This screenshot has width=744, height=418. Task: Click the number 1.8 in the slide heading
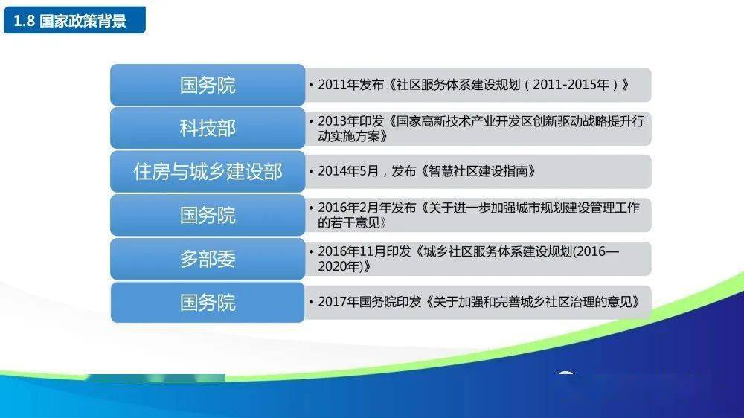click(x=24, y=21)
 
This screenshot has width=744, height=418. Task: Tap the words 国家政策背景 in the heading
click(x=83, y=21)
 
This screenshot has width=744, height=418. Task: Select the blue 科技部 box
click(x=208, y=128)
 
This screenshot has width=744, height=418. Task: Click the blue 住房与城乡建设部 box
click(x=208, y=172)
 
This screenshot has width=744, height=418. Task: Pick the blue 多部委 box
click(x=208, y=259)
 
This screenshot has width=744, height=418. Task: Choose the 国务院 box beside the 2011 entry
click(x=208, y=85)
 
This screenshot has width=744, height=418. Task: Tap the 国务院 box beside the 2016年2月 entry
click(x=208, y=216)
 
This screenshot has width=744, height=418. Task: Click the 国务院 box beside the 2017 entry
click(x=208, y=303)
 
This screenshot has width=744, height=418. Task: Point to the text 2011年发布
click(x=350, y=85)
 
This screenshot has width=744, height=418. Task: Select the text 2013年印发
click(x=350, y=121)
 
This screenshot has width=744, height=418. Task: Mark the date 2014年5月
click(x=348, y=171)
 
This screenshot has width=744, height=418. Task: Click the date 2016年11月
click(x=352, y=251)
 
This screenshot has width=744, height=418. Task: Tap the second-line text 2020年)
click(x=340, y=266)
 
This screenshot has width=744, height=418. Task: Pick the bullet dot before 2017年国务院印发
click(x=311, y=302)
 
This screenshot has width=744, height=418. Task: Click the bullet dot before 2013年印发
click(x=311, y=122)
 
